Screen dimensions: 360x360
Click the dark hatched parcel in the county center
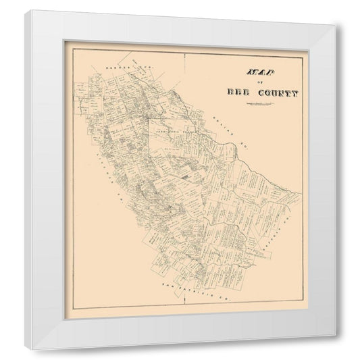click(x=184, y=176)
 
